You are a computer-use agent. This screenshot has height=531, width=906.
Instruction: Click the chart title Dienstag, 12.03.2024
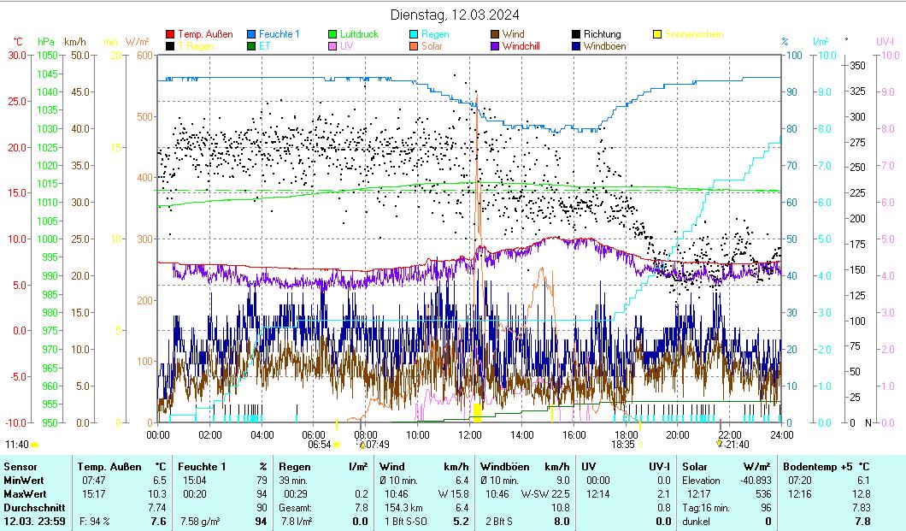coord(454,15)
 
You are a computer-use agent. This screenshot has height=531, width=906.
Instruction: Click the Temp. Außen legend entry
coord(205,34)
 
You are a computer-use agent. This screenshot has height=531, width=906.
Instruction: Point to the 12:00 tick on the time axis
coord(470,434)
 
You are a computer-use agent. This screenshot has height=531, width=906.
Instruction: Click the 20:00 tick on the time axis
coord(678,434)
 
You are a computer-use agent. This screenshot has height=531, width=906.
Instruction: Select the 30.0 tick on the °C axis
coord(17,55)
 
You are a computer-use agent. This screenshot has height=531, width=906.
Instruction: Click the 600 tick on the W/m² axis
coord(143,55)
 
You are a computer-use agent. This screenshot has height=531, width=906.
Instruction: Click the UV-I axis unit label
coord(885,41)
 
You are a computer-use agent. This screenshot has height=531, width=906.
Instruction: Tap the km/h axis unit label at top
coord(74,41)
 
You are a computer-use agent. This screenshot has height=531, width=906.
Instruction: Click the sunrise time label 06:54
coord(319,445)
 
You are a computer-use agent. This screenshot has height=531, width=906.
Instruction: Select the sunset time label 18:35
coord(622,445)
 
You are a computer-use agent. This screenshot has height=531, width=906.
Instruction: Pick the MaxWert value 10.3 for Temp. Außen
coord(157,493)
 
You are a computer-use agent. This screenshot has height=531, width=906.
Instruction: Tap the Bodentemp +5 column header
coord(827,466)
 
